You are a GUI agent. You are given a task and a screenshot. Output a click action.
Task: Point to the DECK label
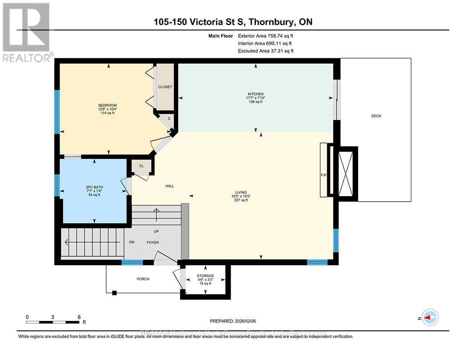pos(376,116)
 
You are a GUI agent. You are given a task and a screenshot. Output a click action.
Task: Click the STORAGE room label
pos(205,276)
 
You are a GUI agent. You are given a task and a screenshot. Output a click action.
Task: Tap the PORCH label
pos(143,279)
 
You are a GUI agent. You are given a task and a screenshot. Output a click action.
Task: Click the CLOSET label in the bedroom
pos(165,87)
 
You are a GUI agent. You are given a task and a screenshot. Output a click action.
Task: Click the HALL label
pos(169,186)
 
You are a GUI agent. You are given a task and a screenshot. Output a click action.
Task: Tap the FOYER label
pos(152,243)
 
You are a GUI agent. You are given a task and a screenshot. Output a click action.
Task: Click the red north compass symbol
pos(430,317)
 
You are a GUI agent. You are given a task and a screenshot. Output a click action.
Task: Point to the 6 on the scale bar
pos(79,317)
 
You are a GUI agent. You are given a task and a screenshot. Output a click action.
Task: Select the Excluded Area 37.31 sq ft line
pos(265,51)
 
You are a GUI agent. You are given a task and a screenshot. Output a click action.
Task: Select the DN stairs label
pos(132,243)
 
